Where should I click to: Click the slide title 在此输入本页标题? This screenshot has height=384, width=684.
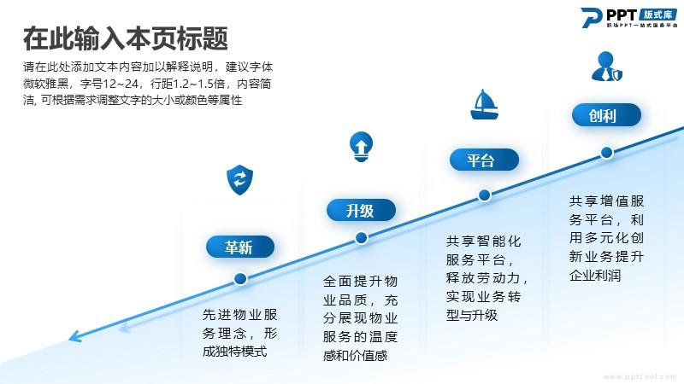tap(125, 38)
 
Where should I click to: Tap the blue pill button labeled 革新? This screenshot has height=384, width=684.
tap(240, 247)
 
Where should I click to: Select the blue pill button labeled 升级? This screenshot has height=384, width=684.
tap(361, 210)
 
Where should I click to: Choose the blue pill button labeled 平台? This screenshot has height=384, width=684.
tap(484, 160)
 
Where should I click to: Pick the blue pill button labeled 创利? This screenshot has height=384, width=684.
tap(606, 115)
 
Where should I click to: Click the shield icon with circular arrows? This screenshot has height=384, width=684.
tap(240, 179)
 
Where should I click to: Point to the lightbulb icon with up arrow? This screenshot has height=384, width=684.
tap(361, 147)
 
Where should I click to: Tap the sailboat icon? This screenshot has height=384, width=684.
tap(484, 104)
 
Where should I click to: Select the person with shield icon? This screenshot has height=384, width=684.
tap(606, 67)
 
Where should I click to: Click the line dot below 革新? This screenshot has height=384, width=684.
tap(240, 279)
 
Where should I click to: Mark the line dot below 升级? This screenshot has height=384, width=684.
tap(361, 238)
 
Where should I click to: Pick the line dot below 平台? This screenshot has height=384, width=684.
tap(484, 195)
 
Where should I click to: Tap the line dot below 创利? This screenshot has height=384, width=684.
tap(607, 153)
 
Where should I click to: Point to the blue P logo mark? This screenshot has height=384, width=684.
tap(592, 17)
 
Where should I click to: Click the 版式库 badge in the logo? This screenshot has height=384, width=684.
tap(658, 15)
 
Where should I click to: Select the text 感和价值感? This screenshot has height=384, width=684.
tap(355, 356)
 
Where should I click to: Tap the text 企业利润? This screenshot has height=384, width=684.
tap(595, 275)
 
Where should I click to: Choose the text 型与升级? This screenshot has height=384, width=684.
tap(472, 315)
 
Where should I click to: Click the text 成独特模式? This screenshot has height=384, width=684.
tap(234, 352)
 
